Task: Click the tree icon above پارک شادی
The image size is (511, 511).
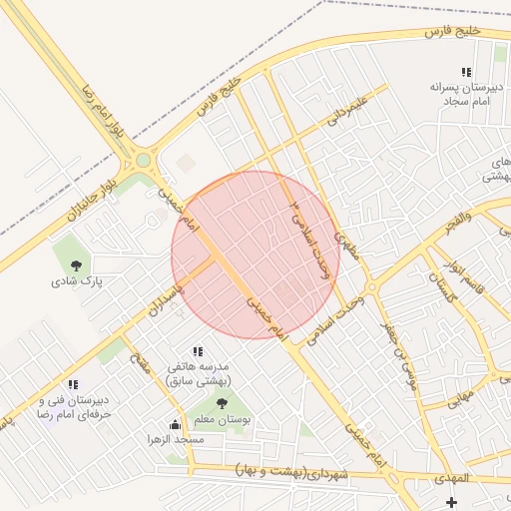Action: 77,264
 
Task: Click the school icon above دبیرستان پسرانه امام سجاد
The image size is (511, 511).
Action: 466,72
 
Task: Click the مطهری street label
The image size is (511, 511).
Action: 345,241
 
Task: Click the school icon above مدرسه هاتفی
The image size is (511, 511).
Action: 197,351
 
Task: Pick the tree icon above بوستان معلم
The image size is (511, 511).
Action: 222,404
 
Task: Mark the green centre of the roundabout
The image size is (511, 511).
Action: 143,159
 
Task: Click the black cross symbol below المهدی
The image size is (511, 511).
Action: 452,502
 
